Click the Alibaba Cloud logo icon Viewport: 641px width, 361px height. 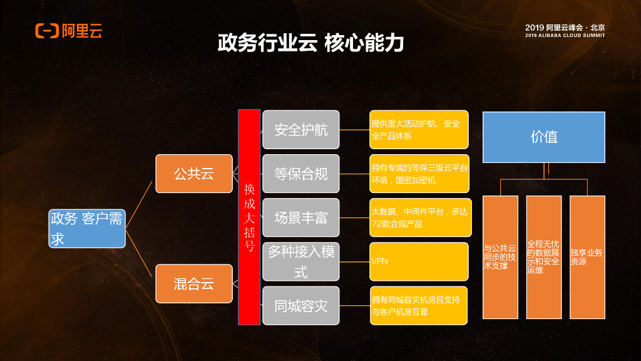click(47, 31)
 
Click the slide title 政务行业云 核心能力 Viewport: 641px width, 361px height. click(310, 43)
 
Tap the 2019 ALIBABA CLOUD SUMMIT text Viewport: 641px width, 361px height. click(565, 36)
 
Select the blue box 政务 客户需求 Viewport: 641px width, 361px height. click(88, 228)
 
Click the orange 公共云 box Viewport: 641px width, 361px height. click(194, 174)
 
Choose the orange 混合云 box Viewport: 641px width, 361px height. click(194, 283)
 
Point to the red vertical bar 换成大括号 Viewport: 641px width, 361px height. click(249, 217)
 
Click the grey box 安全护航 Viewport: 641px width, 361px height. click(300, 130)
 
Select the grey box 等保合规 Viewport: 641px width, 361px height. click(300, 174)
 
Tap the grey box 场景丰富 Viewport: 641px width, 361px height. click(300, 217)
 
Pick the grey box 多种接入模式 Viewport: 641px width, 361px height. click(300, 261)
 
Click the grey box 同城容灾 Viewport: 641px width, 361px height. click(300, 306)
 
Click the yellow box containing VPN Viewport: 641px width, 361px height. click(419, 261)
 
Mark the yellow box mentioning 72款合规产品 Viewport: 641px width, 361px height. click(419, 217)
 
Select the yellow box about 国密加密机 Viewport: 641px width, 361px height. click(419, 174)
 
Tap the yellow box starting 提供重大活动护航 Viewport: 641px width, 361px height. click(419, 130)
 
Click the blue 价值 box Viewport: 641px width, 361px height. click(543, 137)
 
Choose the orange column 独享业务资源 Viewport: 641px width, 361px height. click(587, 257)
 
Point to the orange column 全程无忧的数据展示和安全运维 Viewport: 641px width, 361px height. click(543, 257)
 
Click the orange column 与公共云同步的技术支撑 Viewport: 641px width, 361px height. click(500, 257)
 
